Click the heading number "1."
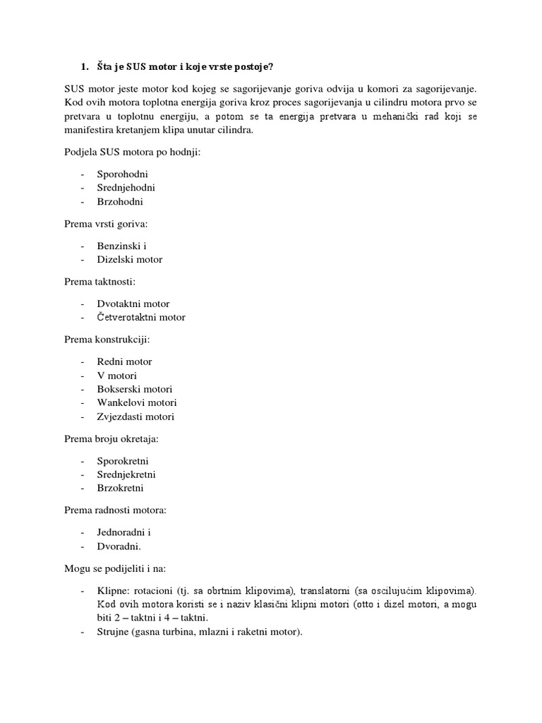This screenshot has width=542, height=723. click(85, 67)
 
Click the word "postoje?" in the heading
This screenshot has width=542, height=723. click(251, 67)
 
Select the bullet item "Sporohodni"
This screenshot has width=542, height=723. click(123, 174)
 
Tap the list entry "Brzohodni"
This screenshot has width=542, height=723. click(120, 201)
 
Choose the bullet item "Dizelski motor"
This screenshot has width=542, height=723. click(130, 259)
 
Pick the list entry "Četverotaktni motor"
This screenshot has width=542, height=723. click(141, 317)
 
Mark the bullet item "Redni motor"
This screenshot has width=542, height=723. click(124, 361)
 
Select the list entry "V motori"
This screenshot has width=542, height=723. click(116, 375)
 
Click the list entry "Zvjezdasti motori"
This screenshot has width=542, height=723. click(135, 417)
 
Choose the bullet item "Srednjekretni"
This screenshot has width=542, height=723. click(126, 474)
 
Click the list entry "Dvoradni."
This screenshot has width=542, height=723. click(119, 546)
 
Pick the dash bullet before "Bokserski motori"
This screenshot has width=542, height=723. click(83, 389)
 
